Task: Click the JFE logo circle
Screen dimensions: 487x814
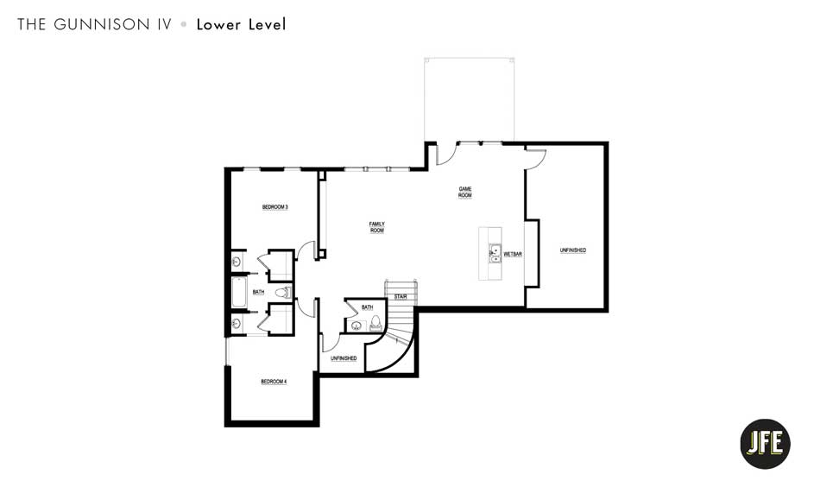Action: (x=765, y=444)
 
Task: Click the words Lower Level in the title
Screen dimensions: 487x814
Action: (x=241, y=24)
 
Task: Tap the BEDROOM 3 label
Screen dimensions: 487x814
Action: (x=274, y=207)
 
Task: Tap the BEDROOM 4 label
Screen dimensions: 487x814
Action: (x=274, y=381)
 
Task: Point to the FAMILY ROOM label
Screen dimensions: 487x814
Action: (x=376, y=227)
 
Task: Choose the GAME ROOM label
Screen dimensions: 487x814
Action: (x=464, y=193)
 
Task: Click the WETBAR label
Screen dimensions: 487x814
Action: (x=514, y=254)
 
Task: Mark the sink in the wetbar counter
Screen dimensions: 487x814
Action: (x=495, y=253)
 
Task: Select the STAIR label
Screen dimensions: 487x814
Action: (x=401, y=296)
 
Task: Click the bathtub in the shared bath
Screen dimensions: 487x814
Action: (x=239, y=292)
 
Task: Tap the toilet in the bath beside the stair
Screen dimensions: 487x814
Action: (x=375, y=324)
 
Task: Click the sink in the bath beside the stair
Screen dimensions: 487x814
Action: (x=356, y=326)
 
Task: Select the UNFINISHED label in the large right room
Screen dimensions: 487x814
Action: (x=572, y=250)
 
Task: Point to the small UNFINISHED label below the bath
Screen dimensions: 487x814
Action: (x=343, y=358)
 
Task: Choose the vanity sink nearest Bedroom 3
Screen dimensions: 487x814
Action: (x=236, y=261)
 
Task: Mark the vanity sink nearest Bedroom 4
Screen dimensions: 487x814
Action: (x=236, y=324)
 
